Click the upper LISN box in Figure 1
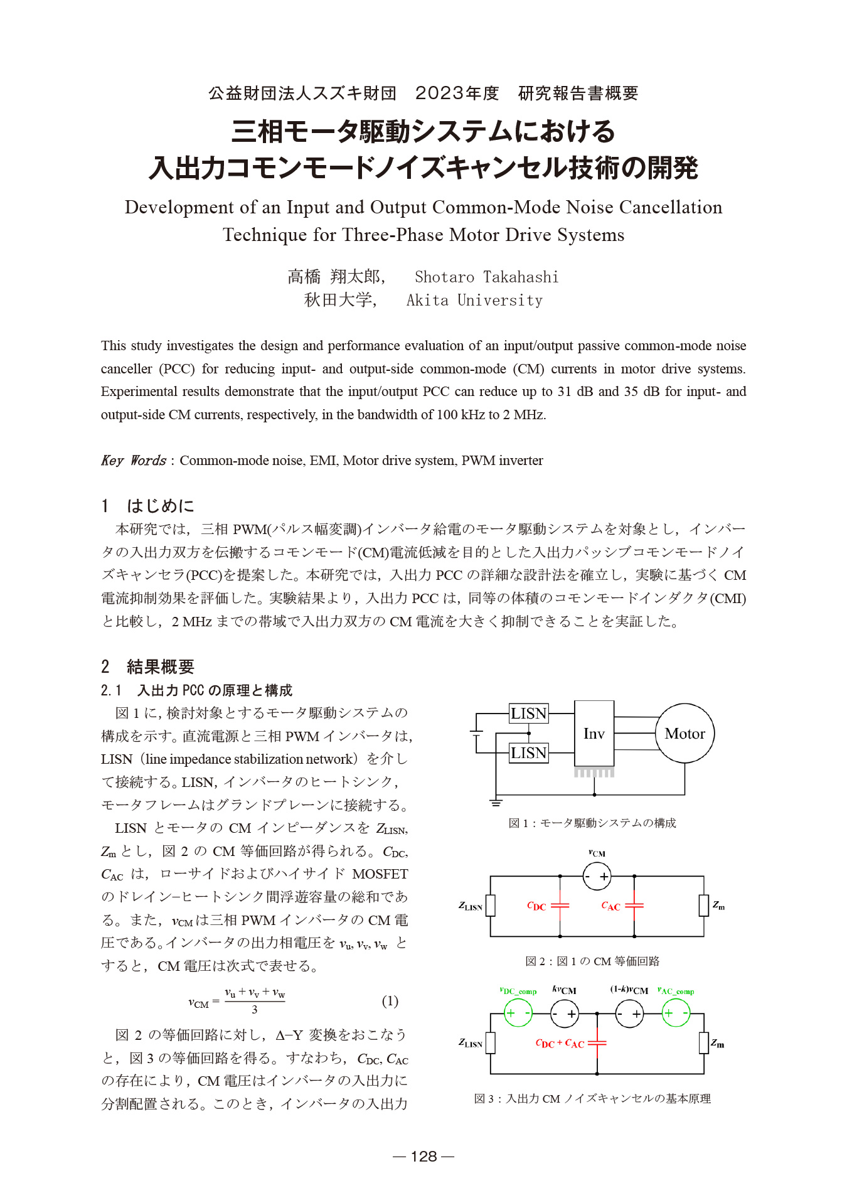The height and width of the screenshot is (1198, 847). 528,714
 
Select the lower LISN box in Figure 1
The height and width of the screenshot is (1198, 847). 528,753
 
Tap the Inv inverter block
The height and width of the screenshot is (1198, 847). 594,734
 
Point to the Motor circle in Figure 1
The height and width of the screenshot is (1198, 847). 685,734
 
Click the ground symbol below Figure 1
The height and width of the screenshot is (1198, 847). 496,803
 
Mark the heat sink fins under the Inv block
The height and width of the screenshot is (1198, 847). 594,773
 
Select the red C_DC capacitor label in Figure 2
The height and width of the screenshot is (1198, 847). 536,906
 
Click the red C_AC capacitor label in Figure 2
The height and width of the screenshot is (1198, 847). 610,906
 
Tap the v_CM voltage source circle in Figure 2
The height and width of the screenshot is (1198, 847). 597,876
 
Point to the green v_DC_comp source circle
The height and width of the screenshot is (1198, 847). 518,1013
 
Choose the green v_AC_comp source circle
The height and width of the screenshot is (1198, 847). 676,1013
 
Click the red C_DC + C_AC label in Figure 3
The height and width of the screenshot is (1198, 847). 560,1044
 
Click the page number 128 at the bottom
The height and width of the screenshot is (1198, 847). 423,1157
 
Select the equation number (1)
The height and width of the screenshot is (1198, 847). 390,1001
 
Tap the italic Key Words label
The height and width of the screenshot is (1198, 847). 133,461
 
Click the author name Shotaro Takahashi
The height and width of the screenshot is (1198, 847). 486,277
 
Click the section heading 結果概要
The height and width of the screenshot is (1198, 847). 161,666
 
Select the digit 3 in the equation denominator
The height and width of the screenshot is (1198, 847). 255,1010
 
